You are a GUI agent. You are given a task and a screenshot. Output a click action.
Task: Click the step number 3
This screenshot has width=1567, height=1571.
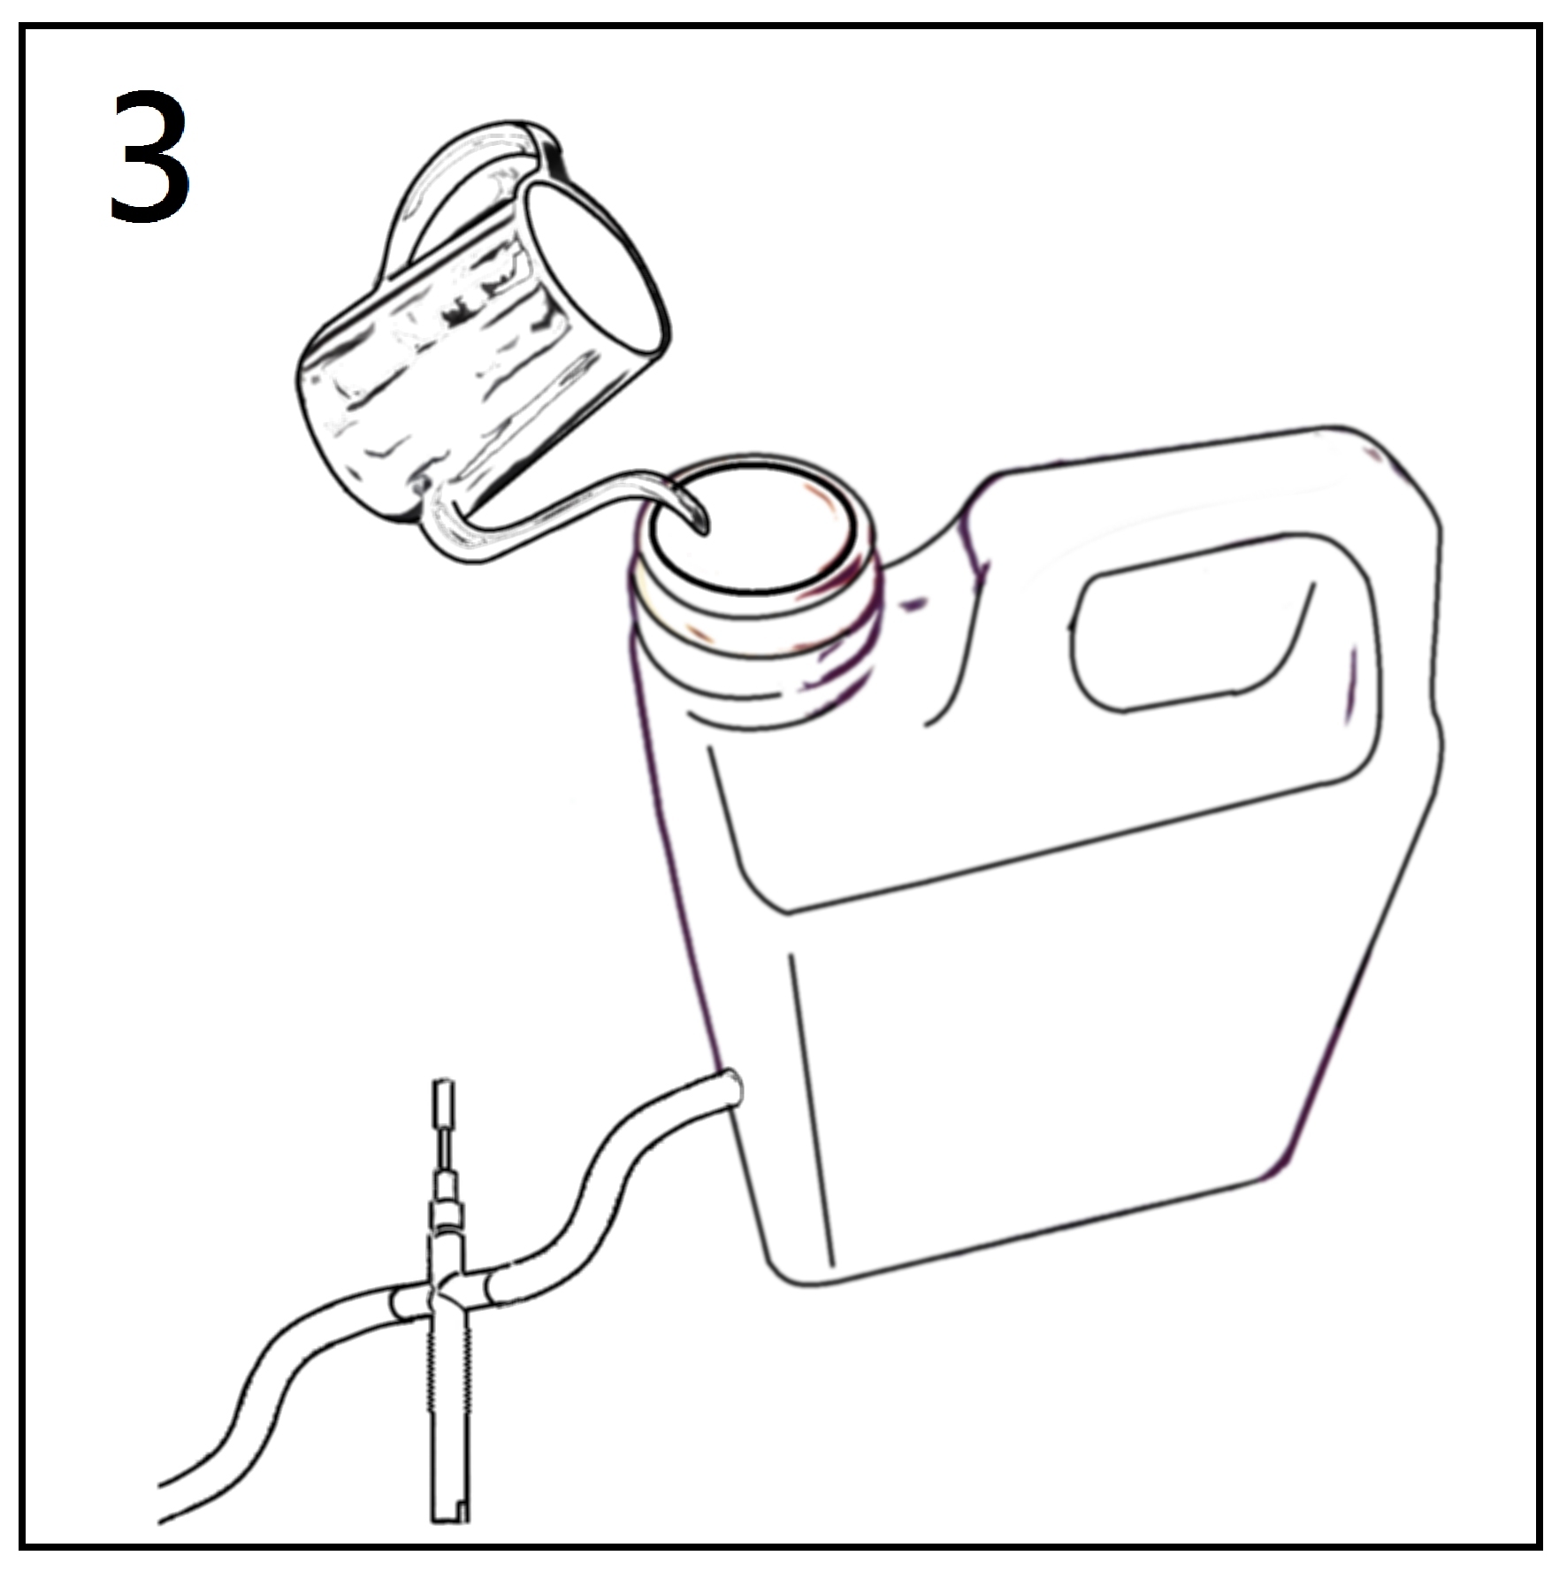(x=149, y=155)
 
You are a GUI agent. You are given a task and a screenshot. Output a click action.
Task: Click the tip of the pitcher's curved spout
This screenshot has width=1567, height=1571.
(x=704, y=530)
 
